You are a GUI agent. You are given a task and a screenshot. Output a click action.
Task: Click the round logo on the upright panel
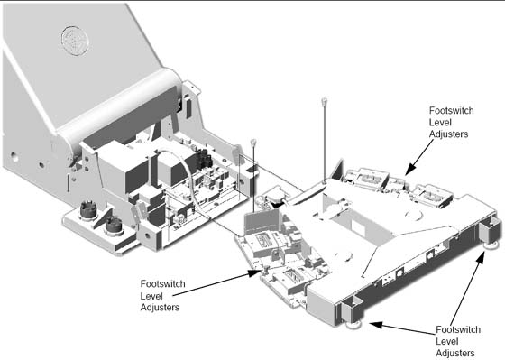click(75, 41)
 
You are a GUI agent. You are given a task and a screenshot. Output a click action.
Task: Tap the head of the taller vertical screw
click(325, 100)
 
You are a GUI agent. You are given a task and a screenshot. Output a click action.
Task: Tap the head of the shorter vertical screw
click(253, 142)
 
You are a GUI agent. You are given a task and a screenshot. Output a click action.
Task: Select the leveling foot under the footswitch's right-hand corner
click(492, 245)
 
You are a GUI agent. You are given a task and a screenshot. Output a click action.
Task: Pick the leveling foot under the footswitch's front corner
click(353, 324)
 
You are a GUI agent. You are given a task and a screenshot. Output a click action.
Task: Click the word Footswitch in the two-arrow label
click(458, 329)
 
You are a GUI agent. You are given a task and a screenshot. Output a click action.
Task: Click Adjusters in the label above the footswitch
click(448, 134)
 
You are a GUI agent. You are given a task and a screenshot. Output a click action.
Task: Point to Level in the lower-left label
click(151, 296)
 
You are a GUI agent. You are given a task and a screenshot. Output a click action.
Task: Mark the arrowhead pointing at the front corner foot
click(375, 324)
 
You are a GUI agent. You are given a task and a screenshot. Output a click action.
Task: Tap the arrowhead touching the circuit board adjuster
click(253, 273)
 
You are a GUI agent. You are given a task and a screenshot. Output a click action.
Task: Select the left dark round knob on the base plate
click(88, 210)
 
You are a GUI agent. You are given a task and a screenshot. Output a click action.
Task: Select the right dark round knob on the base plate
click(114, 226)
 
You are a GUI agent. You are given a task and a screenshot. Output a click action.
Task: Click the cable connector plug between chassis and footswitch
click(273, 197)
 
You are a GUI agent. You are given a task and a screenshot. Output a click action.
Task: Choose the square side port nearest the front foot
click(399, 272)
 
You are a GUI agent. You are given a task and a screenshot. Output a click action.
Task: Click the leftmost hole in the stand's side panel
click(14, 157)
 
